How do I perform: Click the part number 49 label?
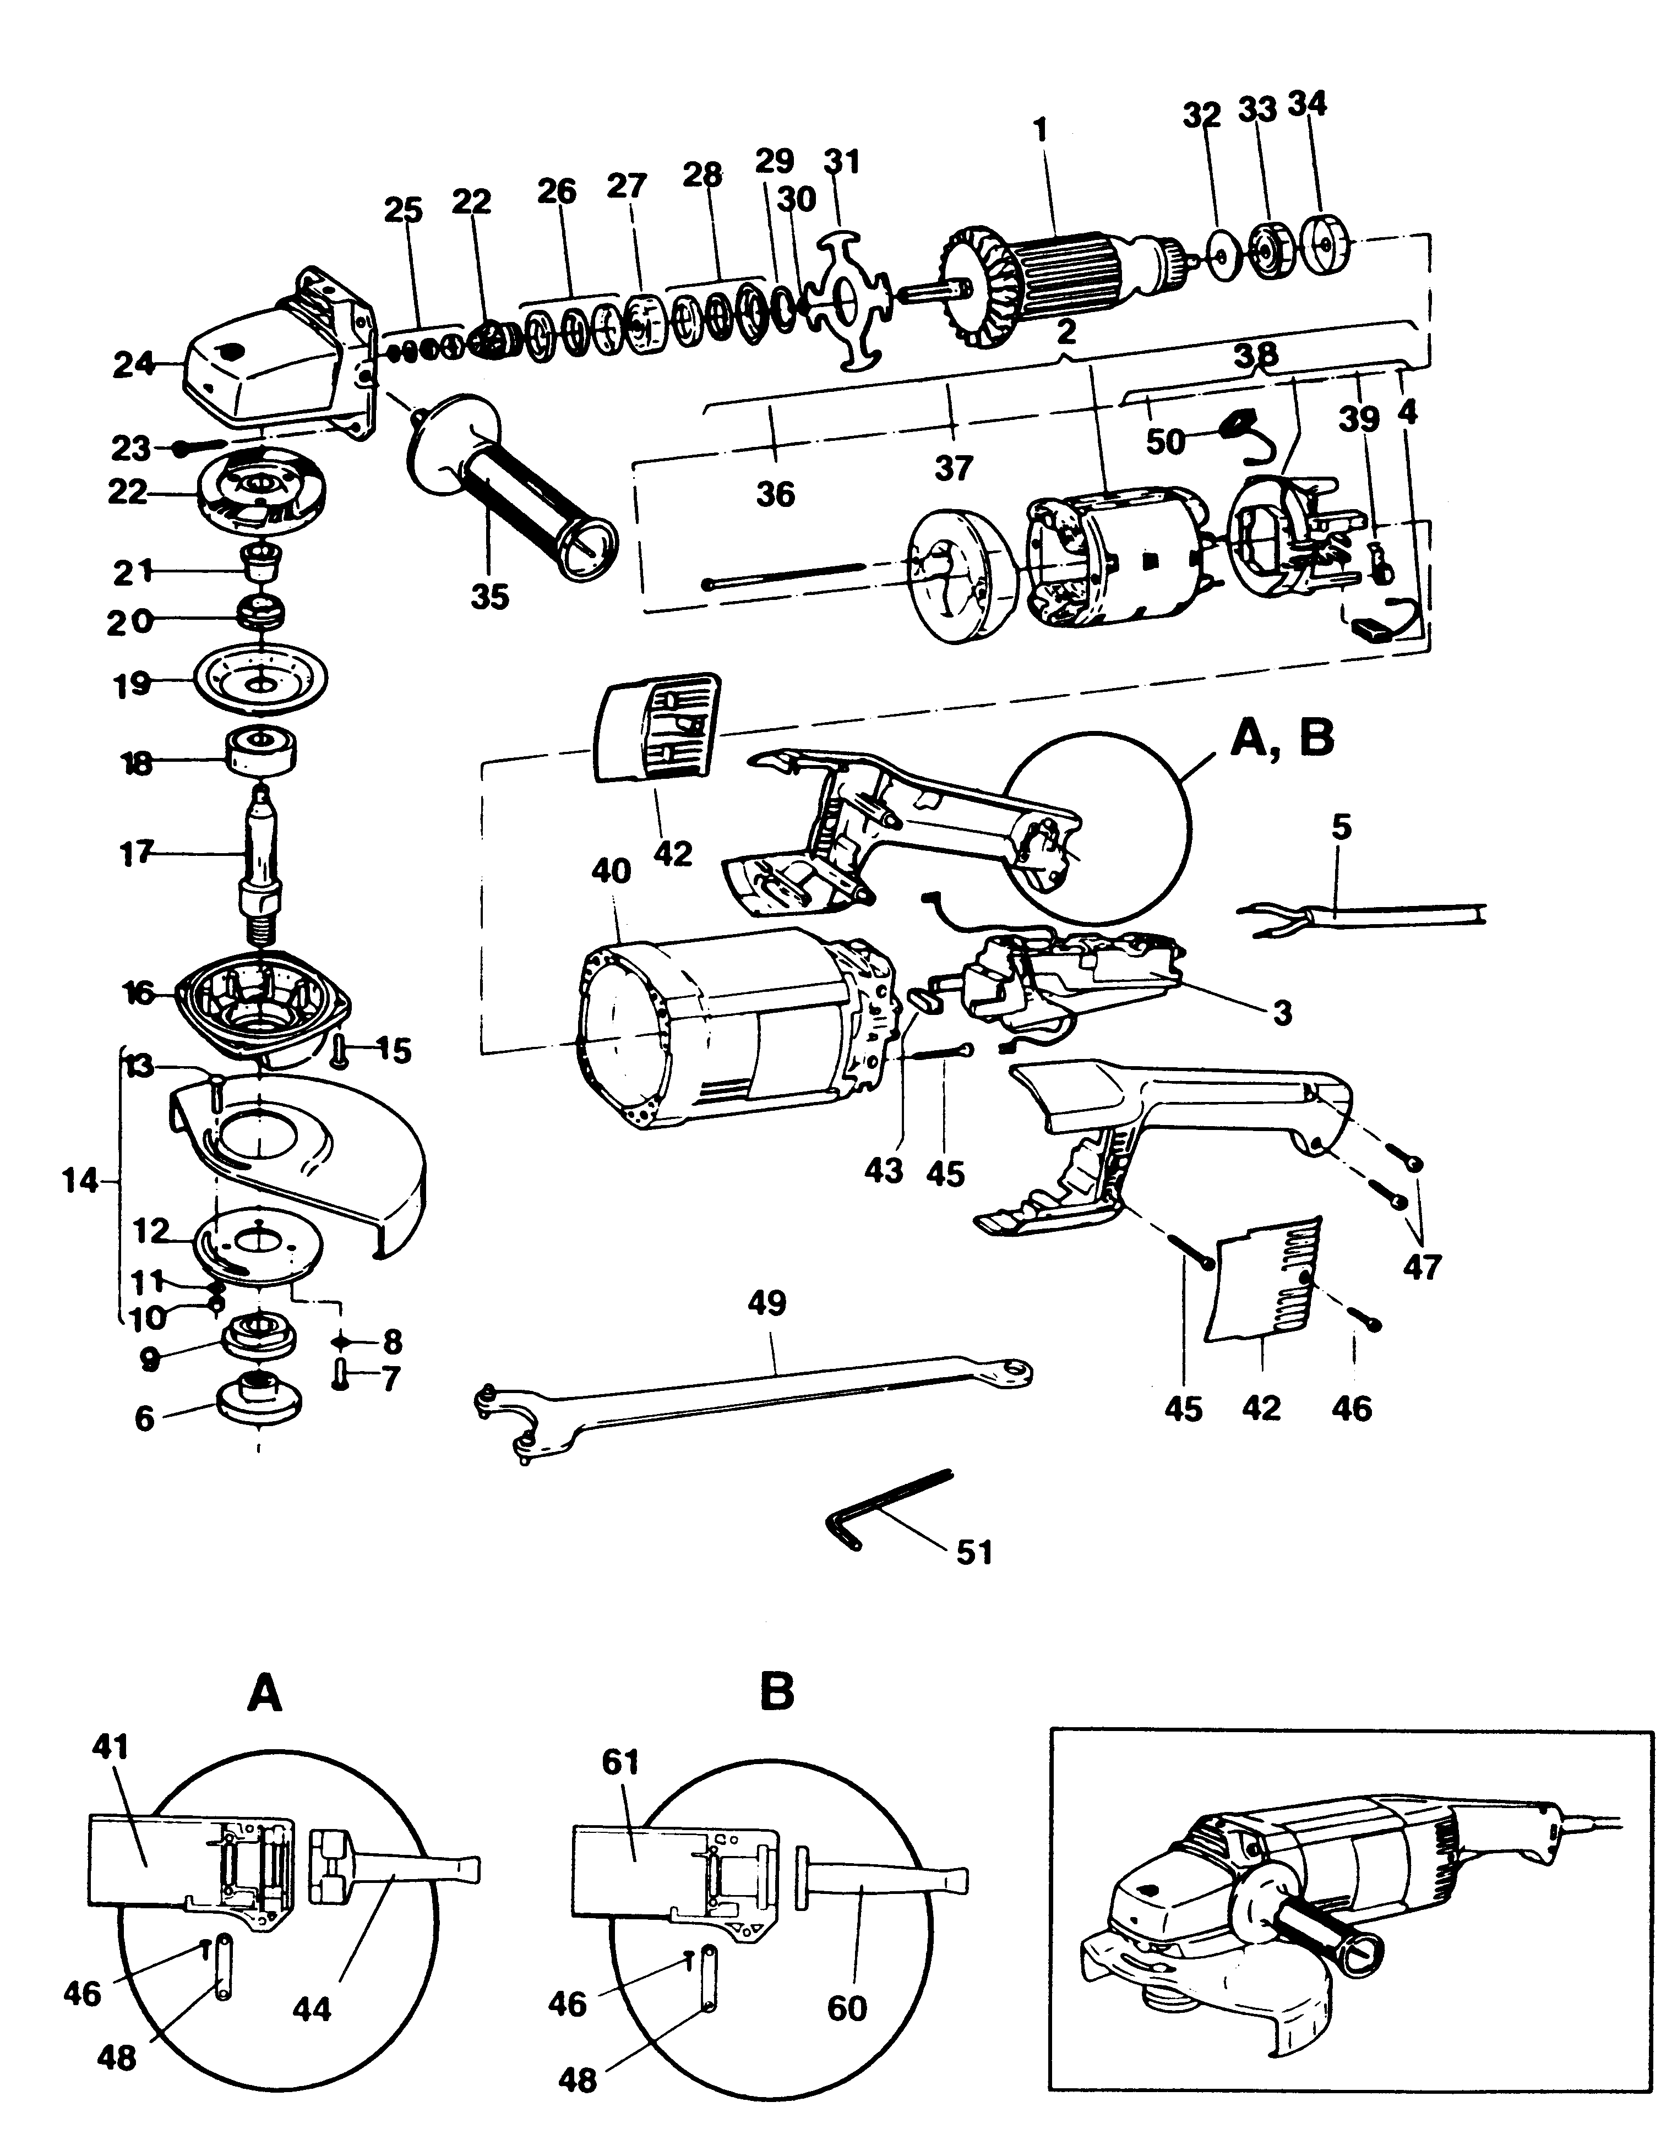click(x=767, y=1303)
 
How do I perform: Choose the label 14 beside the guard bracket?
click(x=81, y=1180)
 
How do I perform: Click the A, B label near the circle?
click(x=1281, y=738)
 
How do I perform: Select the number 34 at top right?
click(x=1308, y=103)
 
